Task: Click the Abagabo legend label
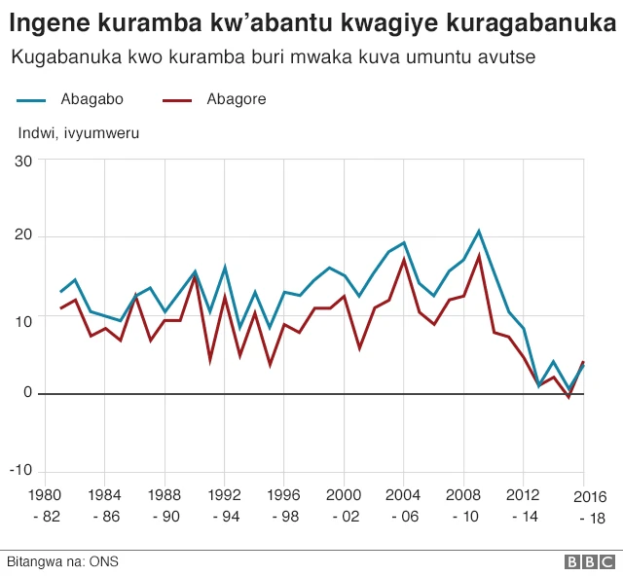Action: point(91,99)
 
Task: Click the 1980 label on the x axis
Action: point(45,493)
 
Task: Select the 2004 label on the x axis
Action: point(404,493)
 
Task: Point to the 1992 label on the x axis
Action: point(224,493)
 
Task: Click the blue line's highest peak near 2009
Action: point(479,232)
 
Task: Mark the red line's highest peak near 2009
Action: point(479,256)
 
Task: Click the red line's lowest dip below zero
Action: point(569,397)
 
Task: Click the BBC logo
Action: point(589,562)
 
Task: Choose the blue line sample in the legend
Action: point(32,99)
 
